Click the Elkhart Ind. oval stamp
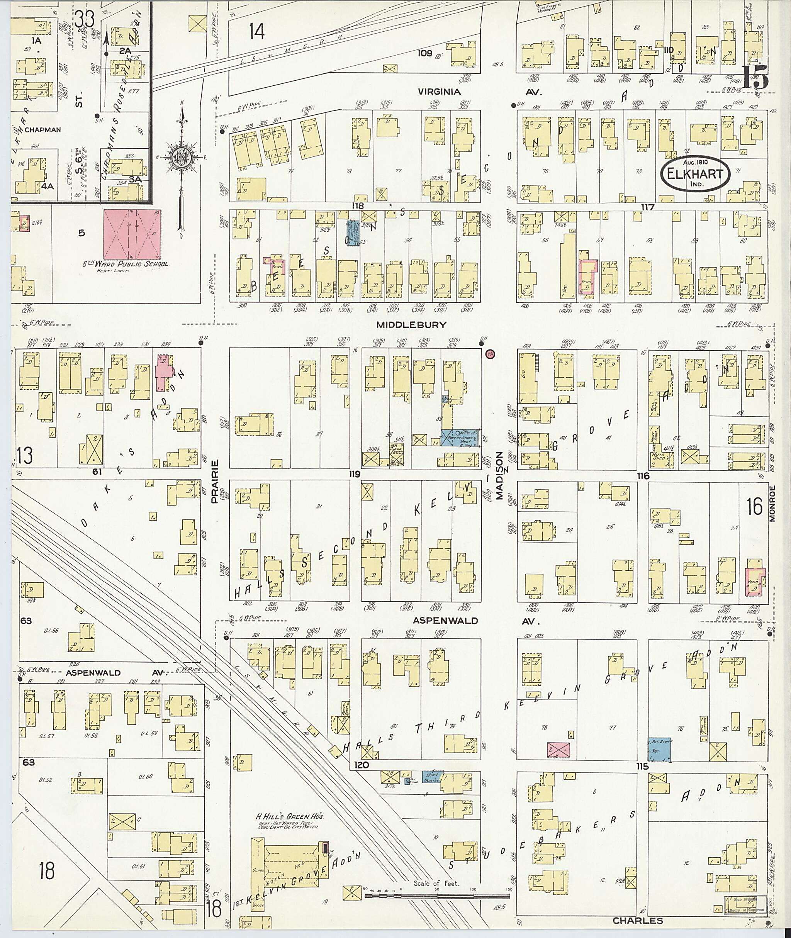point(694,175)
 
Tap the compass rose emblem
point(181,158)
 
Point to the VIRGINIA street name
point(439,92)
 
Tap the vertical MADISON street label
point(499,474)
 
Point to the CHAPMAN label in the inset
point(42,130)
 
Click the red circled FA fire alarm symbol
point(491,354)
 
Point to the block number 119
point(356,474)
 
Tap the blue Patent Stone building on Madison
point(459,437)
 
